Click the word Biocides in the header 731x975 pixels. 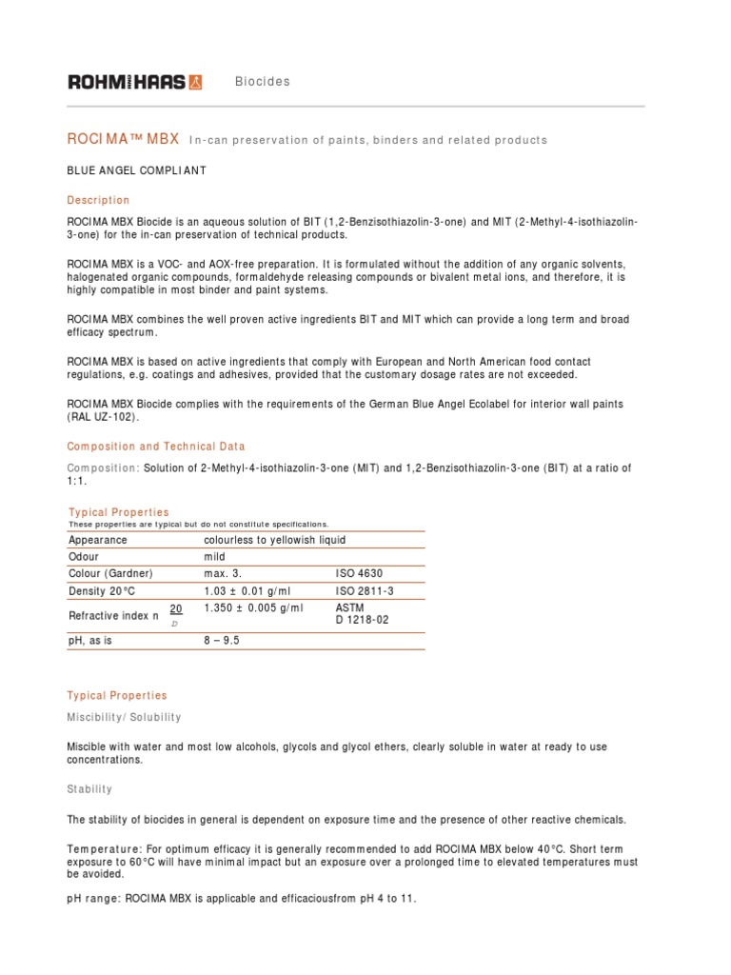(263, 82)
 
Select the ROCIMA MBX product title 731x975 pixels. (123, 139)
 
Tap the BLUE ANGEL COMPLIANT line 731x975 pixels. (137, 170)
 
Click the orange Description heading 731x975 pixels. (98, 200)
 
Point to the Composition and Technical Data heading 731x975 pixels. (156, 446)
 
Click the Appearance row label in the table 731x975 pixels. (98, 540)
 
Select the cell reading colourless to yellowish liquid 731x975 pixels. (275, 540)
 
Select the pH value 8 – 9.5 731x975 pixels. (222, 641)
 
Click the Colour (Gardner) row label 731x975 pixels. (110, 574)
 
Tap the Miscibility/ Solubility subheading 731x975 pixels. (124, 717)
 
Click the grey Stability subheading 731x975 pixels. (89, 789)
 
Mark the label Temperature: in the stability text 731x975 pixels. (105, 848)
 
